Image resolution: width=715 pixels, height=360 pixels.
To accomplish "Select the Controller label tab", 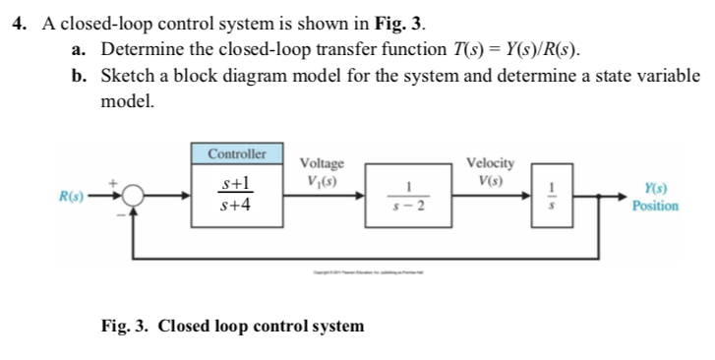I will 236,155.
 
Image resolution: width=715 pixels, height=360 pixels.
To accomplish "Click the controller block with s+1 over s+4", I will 236,195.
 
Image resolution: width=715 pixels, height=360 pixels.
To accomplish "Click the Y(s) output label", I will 654,188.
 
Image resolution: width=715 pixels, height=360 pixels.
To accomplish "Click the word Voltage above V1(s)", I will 322,163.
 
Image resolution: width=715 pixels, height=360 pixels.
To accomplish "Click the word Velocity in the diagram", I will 489,163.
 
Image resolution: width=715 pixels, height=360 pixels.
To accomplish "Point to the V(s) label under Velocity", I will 489,180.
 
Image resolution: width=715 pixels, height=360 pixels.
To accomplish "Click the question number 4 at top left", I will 19,23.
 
